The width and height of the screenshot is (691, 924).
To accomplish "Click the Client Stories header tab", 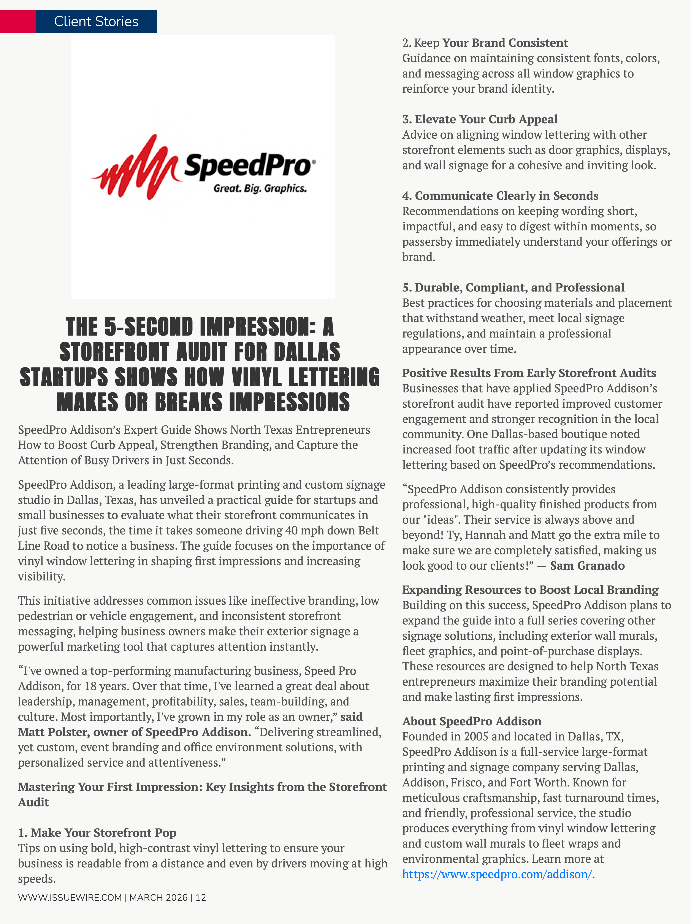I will coord(96,21).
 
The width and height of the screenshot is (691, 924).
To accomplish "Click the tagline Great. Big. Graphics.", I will coord(260,188).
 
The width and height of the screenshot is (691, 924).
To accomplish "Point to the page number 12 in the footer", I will coord(201,897).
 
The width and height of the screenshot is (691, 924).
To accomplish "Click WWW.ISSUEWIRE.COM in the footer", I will coord(70,897).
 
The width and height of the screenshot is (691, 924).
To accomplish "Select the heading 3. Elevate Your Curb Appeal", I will coord(480,119).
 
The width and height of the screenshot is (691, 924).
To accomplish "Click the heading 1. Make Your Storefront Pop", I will coord(97,832).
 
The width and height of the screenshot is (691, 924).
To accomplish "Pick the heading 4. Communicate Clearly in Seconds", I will coord(500,196).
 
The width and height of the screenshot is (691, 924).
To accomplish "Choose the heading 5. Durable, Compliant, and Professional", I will coord(513,287).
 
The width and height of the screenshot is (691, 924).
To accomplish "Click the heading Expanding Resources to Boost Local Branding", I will coord(530,590).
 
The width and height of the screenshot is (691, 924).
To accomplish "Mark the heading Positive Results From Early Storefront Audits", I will coord(529,373).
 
